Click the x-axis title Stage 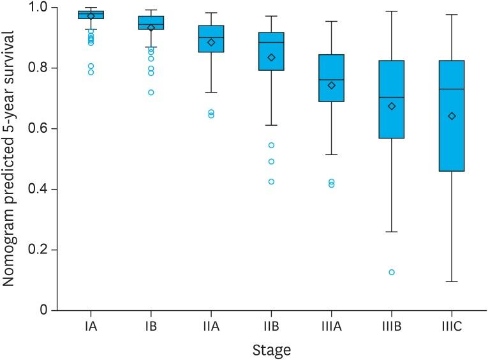[270, 350]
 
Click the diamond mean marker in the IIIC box [452, 116]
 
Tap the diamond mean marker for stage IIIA [332, 86]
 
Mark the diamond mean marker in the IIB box [272, 57]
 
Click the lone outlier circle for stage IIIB [392, 272]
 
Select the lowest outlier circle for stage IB [151, 93]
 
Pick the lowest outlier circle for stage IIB [271, 181]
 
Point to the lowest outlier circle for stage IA [91, 72]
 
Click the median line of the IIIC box [452, 89]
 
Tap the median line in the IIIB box [392, 98]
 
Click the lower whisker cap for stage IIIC [452, 281]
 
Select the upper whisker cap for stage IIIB [392, 11]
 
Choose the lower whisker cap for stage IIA [211, 93]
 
